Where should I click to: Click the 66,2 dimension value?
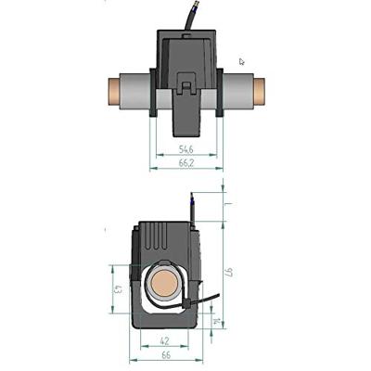[x=185, y=163]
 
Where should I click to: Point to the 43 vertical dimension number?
[x=118, y=289]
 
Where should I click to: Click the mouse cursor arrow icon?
[x=242, y=62]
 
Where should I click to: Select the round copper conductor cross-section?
[x=163, y=284]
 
